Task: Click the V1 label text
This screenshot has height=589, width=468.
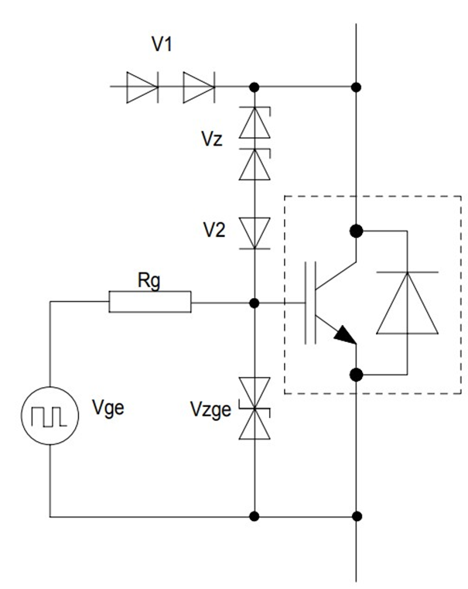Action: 162,45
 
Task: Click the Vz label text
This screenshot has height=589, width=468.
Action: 213,141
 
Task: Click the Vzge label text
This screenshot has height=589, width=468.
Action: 210,409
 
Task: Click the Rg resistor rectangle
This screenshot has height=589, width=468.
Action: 150,302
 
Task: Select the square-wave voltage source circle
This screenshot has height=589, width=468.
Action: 50,416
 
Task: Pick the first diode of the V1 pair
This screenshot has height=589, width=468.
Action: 142,87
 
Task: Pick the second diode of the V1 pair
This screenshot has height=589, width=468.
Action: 199,87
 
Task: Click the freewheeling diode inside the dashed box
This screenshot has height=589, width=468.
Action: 406,303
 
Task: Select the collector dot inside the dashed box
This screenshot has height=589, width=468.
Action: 357,230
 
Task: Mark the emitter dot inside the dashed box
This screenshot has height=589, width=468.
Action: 357,375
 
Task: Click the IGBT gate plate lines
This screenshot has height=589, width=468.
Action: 311,302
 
